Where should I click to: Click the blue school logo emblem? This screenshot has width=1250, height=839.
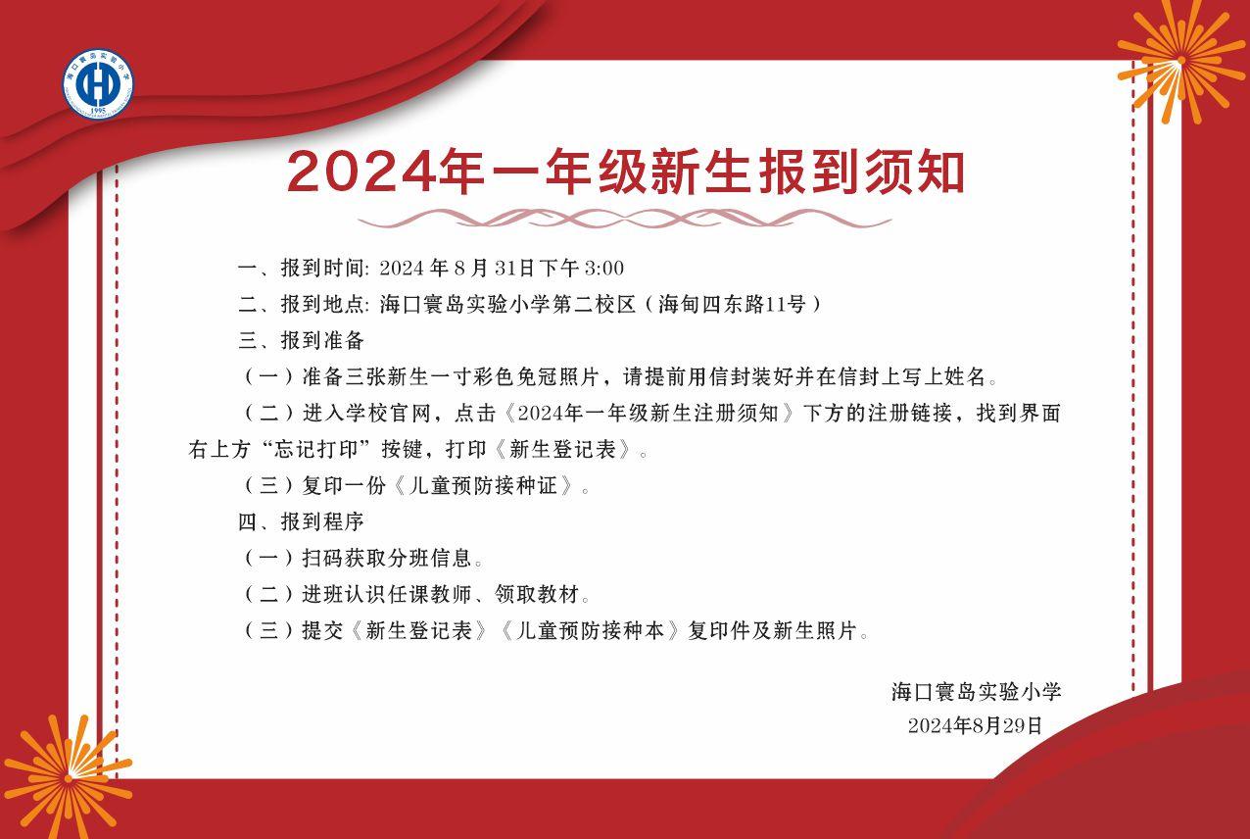[98, 83]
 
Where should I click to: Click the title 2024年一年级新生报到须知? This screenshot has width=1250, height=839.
[626, 172]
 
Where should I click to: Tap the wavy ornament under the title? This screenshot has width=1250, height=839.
[624, 219]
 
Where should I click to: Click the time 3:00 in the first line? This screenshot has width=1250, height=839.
[604, 269]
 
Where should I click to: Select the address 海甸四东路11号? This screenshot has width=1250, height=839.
[732, 304]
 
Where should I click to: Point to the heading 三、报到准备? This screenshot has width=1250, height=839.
[302, 340]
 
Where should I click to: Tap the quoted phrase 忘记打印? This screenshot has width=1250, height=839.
[315, 449]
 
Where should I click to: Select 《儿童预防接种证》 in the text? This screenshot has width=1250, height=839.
[483, 485]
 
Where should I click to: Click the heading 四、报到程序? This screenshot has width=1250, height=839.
[302, 522]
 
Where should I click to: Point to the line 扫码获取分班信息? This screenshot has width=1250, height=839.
[387, 559]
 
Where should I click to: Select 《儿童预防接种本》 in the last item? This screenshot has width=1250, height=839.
[591, 631]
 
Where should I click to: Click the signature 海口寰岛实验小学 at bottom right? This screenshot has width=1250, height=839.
[976, 692]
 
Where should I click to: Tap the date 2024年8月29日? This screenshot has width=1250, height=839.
[975, 725]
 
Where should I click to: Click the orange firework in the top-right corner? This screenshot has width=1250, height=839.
[1180, 61]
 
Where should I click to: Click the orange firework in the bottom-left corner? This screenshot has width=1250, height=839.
[68, 778]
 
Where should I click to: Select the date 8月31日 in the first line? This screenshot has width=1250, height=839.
[495, 269]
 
